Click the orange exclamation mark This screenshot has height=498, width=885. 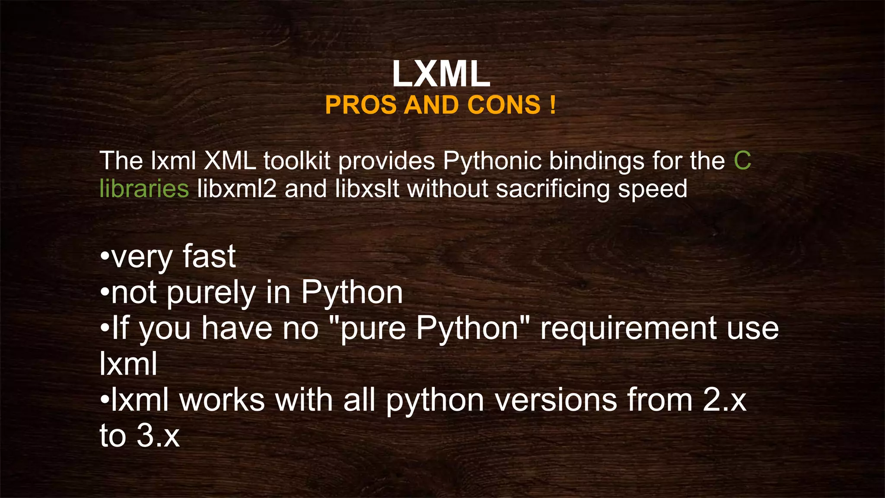pos(553,105)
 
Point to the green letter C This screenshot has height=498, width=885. pos(742,161)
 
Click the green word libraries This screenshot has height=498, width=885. pos(144,189)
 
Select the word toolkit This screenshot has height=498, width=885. pos(297,161)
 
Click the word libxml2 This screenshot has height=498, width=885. pos(237,189)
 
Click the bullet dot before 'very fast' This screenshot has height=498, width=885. pos(104,257)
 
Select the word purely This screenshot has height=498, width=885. pos(211,294)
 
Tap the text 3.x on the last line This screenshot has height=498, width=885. pos(158,435)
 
